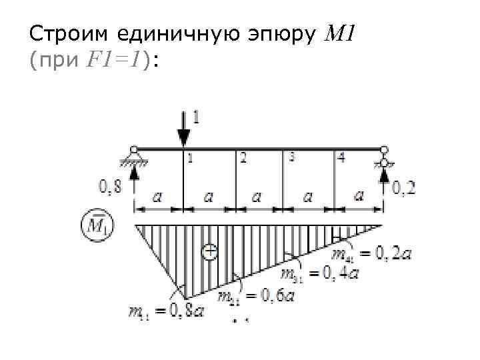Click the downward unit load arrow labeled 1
[183, 130]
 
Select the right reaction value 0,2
[403, 189]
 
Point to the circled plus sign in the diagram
[209, 251]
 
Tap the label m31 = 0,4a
[319, 273]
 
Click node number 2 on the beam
[243, 158]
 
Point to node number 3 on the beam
[291, 157]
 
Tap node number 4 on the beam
[341, 158]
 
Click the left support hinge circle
[134, 150]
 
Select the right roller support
[384, 160]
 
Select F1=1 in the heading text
[112, 61]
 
